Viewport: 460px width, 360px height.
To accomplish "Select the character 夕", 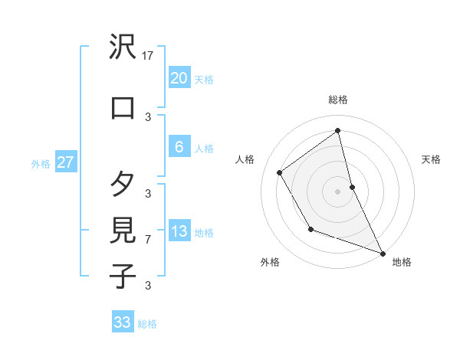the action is pos(123,184).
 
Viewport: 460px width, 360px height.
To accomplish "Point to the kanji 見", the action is pos(123,230).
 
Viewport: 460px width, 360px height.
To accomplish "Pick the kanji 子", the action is pos(123,276).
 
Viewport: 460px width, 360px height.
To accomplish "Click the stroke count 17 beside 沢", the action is pos(149,56).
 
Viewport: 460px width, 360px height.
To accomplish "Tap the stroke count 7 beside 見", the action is pos(148,240).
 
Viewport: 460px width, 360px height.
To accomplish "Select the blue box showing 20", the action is pos(179,78).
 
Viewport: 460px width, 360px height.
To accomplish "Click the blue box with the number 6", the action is pos(179,147).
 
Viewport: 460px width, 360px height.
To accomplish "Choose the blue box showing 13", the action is pos(179,231).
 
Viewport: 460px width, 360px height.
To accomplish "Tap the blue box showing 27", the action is pos(65,162).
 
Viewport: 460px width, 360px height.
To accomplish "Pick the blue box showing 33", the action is pos(123,322).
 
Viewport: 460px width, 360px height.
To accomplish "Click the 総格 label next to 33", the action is pos(147,324).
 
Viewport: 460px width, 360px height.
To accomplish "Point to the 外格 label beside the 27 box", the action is pos(41,164).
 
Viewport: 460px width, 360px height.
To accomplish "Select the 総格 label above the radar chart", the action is pos(338,100).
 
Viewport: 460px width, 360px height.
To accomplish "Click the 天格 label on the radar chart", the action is pos(431,159).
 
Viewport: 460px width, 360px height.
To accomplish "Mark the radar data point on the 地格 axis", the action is pos(383,253).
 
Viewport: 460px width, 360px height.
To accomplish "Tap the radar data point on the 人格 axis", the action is pos(280,172).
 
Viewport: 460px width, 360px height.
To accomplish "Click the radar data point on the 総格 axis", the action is pos(338,130).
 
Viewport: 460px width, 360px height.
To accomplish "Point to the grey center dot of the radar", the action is pos(338,191).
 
